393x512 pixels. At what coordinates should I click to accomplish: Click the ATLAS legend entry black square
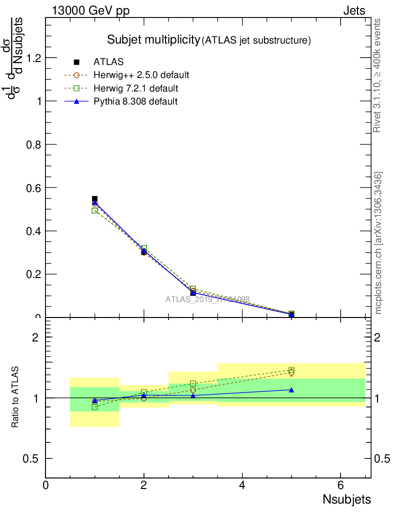click(76, 62)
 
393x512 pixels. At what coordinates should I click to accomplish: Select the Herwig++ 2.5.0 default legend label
click(141, 75)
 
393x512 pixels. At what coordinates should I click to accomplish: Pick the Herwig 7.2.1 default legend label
click(135, 88)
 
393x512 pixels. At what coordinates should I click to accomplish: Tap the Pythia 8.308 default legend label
click(135, 101)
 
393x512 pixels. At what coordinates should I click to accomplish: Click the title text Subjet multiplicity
click(153, 40)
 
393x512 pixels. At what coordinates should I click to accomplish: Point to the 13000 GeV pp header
click(90, 10)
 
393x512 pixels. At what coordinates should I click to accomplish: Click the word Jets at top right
click(354, 10)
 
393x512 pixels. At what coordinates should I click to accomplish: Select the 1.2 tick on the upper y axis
click(33, 58)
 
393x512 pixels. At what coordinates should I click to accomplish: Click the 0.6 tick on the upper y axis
click(33, 187)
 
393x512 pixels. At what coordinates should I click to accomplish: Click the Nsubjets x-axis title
click(347, 499)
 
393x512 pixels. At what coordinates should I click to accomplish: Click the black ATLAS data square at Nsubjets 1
click(94, 199)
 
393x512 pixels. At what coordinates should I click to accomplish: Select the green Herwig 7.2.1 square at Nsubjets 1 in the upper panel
click(94, 211)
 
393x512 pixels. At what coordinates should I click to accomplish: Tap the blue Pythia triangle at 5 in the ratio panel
click(291, 389)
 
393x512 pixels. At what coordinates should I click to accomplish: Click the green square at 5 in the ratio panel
click(291, 370)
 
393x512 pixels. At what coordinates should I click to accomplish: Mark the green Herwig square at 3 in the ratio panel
click(193, 383)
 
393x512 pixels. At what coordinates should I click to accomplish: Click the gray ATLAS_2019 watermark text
click(207, 299)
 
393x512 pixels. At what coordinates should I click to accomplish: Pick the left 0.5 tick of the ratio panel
click(33, 458)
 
